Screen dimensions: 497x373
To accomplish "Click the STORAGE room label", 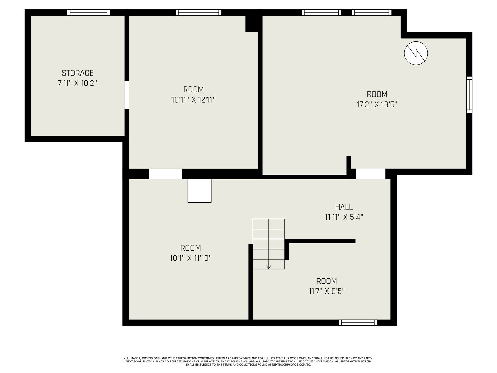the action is tap(77, 73).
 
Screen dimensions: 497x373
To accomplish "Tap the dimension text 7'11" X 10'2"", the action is tap(77, 83).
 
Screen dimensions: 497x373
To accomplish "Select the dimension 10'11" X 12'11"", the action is tap(194, 100).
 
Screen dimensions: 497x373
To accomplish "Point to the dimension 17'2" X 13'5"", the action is tap(377, 104).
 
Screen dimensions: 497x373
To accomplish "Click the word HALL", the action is tap(344, 207).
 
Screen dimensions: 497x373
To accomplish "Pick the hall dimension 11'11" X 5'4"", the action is tap(344, 217).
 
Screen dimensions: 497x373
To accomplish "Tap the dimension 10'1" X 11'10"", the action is tap(191, 258).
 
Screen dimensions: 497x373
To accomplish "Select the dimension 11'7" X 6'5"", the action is tap(326, 291).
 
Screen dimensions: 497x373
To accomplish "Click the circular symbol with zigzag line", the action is tap(416, 53).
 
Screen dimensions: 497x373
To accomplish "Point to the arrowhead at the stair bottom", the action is tap(269, 267).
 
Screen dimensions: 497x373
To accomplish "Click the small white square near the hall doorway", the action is tap(199, 191).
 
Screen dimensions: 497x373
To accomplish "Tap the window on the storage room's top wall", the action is tap(89, 12).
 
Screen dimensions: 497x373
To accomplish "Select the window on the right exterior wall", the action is tap(469, 95).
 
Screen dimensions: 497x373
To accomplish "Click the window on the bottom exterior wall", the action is tap(358, 323).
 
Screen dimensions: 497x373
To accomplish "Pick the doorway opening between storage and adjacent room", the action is tap(126, 95).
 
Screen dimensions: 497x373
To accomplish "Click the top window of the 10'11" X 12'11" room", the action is tap(198, 12).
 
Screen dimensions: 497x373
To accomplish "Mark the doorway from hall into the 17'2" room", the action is tap(371, 174).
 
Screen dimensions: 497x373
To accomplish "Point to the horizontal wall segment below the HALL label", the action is tap(320, 241).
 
